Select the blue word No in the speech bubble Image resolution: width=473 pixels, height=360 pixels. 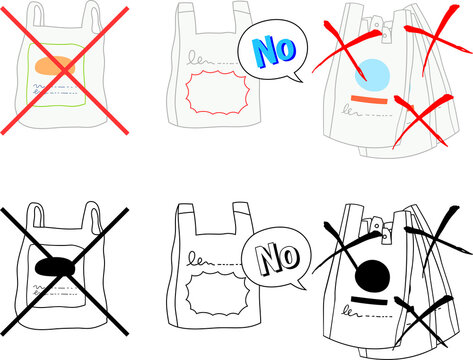pyautogui.click(x=270, y=50)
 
